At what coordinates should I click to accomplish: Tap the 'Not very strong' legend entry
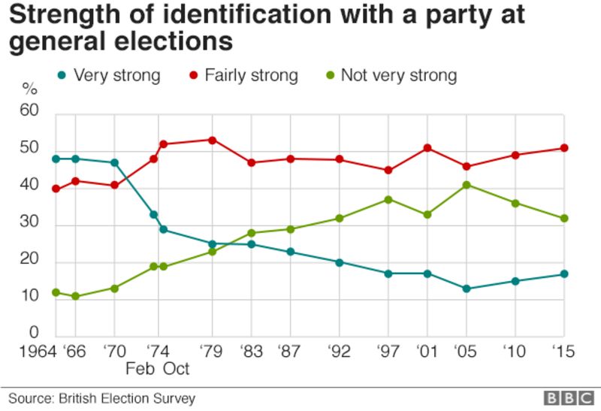(x=390, y=75)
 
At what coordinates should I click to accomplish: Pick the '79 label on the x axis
(x=211, y=352)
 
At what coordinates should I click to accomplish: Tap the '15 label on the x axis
(x=563, y=352)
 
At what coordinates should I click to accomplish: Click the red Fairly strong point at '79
(x=212, y=141)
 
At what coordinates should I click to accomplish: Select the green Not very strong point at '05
(x=467, y=185)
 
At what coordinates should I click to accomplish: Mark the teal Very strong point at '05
(x=467, y=289)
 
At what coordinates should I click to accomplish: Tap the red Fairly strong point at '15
(x=564, y=148)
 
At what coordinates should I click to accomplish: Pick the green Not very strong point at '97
(x=388, y=200)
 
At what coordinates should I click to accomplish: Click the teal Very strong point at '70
(x=114, y=163)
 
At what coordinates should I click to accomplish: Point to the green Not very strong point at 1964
(x=56, y=292)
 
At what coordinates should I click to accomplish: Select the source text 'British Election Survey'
(x=128, y=397)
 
